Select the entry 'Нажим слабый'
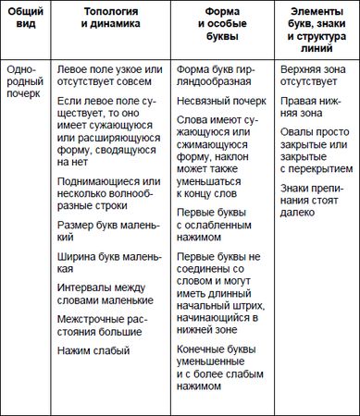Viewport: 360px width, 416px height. [93, 350]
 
